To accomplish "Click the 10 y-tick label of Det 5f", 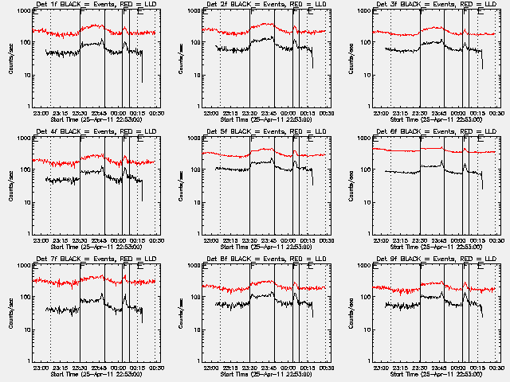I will click(x=194, y=202).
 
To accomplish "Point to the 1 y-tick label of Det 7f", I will click(x=27, y=361).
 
